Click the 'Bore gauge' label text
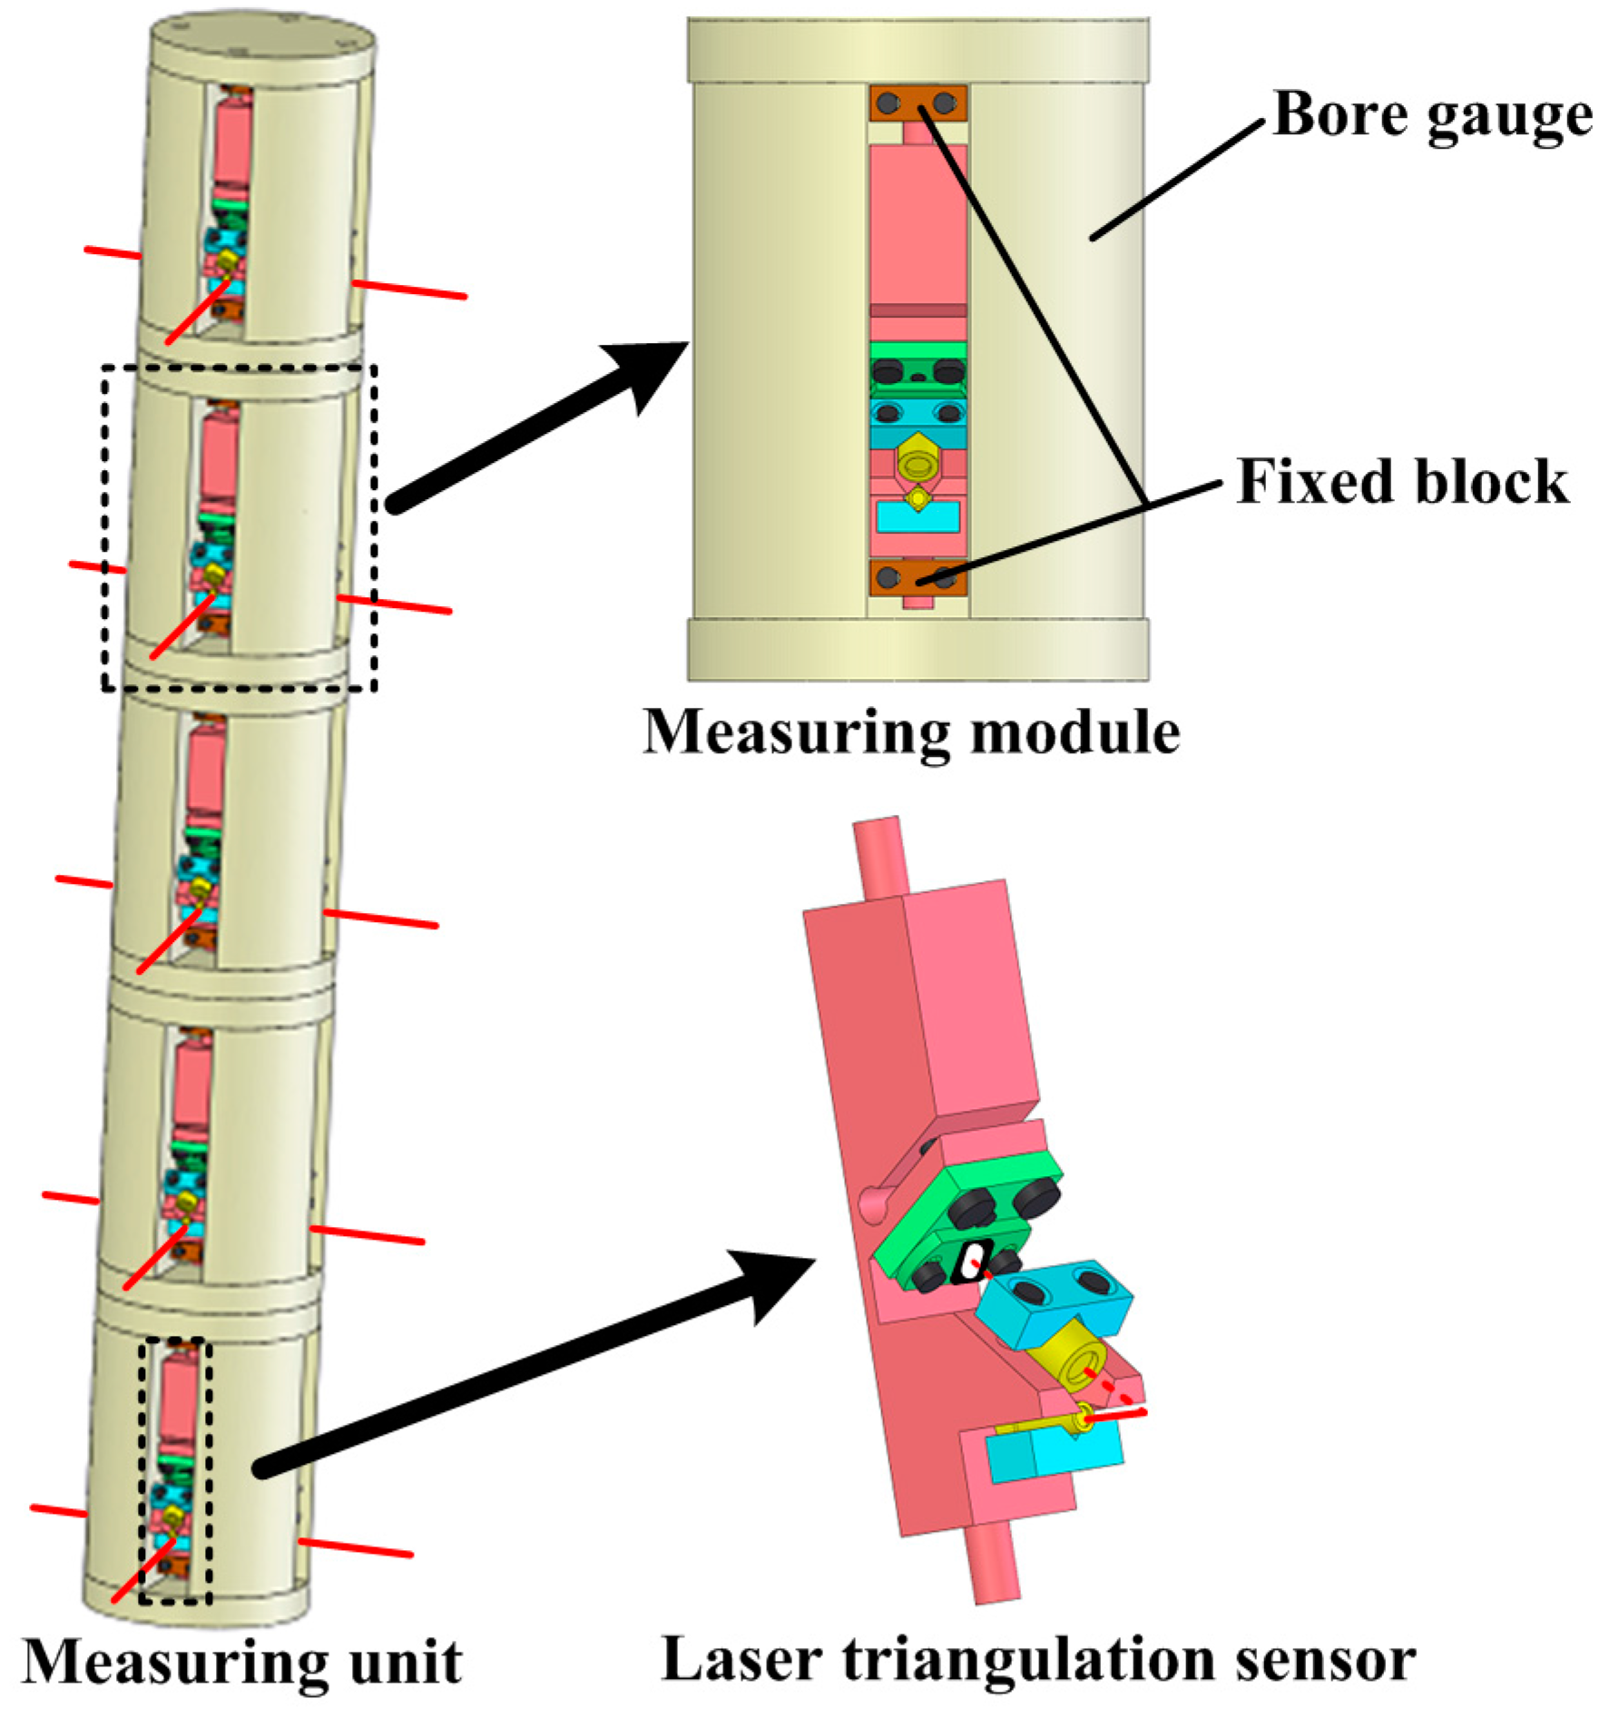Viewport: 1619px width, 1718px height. (1431, 115)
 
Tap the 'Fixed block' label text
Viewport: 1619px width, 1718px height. (1402, 481)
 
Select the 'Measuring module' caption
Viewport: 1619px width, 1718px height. (911, 731)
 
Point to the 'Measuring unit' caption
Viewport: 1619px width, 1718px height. (241, 1663)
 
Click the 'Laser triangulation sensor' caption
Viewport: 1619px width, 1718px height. (1038, 1660)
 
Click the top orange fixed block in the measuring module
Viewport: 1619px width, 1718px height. (917, 103)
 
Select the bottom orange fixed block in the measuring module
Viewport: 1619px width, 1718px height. (917, 577)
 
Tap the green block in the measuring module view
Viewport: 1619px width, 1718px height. (917, 350)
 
